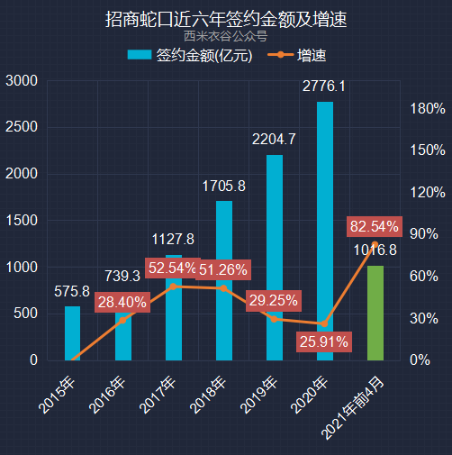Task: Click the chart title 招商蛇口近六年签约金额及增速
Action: coord(225,18)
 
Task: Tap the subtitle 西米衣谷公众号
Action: coord(225,37)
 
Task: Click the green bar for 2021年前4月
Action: coord(375,313)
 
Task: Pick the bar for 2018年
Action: coord(224,280)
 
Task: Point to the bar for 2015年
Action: coord(72,333)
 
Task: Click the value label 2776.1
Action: coord(324,86)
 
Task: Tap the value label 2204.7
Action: coord(274,140)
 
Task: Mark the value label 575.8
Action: coord(72,291)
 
